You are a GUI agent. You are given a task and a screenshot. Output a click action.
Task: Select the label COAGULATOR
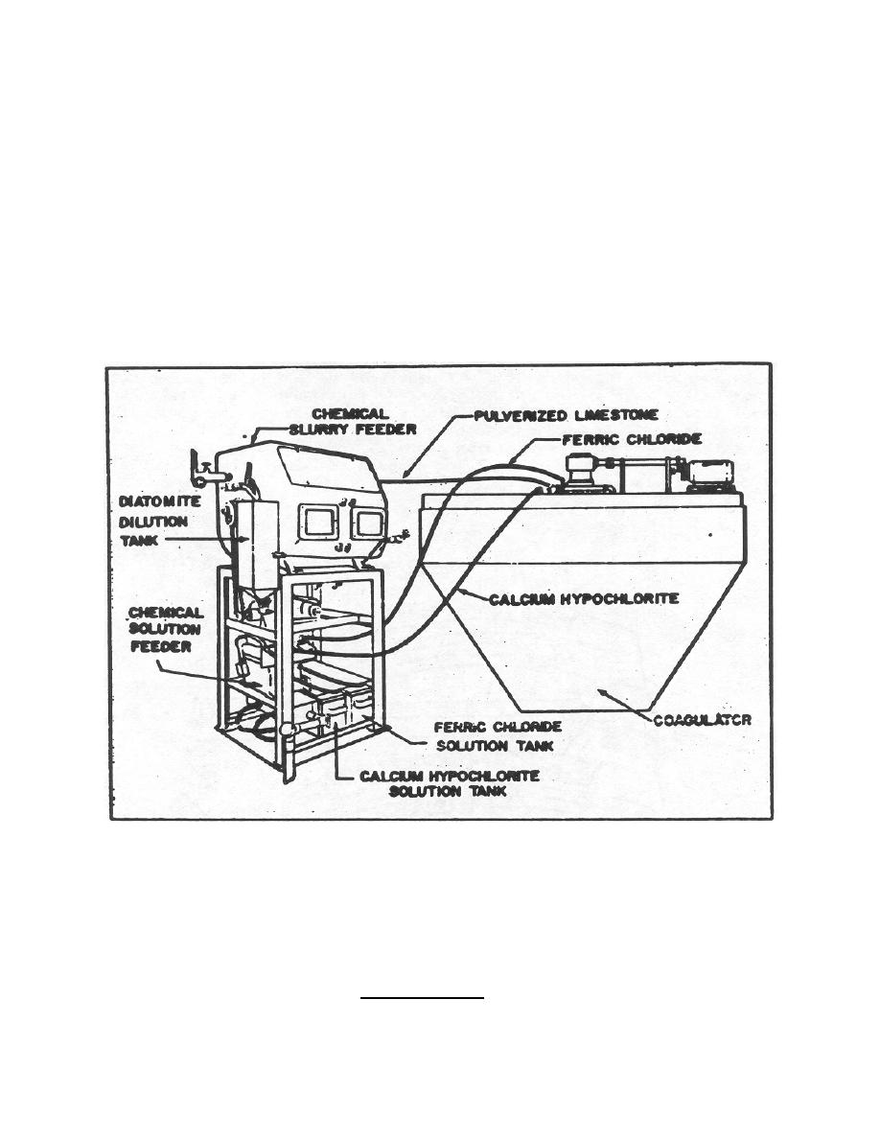point(702,721)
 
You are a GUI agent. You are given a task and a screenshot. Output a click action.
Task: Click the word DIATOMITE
point(160,502)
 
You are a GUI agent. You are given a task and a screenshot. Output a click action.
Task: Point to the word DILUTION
point(153,522)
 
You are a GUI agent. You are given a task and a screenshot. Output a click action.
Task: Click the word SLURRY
point(319,430)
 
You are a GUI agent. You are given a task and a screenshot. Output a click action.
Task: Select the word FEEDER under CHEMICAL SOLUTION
point(160,646)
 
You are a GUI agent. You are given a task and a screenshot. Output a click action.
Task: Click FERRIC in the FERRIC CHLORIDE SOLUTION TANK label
point(459,727)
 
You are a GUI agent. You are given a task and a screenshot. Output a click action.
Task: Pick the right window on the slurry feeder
point(370,523)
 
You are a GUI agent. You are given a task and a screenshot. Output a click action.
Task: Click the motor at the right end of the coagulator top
point(711,473)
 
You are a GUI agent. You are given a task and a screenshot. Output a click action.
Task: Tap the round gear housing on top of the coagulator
point(582,471)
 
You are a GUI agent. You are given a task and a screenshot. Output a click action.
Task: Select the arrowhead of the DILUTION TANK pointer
point(243,539)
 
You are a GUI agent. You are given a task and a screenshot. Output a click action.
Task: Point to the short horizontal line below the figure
point(422,998)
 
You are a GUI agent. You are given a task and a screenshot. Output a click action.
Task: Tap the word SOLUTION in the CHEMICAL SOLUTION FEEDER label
point(165,629)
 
